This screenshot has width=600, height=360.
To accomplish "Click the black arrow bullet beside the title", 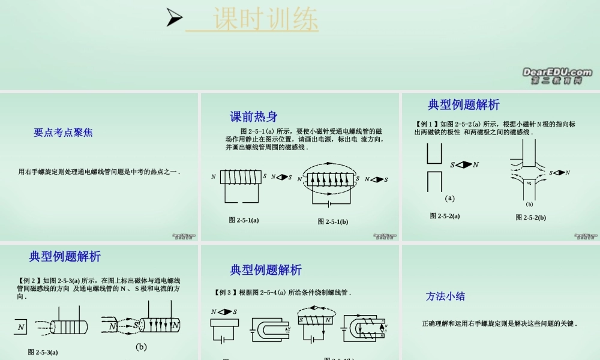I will coord(175,19).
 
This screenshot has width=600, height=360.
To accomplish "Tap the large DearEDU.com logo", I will coord(557,73).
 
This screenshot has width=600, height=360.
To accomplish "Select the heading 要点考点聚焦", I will coord(63,133).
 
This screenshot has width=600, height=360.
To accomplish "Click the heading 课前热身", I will coord(254,116).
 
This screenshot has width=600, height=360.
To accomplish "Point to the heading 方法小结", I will coord(445,296).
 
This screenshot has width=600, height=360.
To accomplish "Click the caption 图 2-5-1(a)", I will coord(244,220).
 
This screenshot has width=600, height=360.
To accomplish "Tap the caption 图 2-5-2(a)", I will coord(445,216).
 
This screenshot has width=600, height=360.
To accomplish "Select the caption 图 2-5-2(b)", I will coord(530,217).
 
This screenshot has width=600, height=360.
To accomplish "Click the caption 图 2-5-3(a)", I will coord(43,352).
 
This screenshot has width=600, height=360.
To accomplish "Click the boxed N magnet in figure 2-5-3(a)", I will coord(21,327).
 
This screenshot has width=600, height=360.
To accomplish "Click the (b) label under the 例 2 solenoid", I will coord(141,346).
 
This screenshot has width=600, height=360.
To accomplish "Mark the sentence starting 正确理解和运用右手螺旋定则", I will coord(499,323).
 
